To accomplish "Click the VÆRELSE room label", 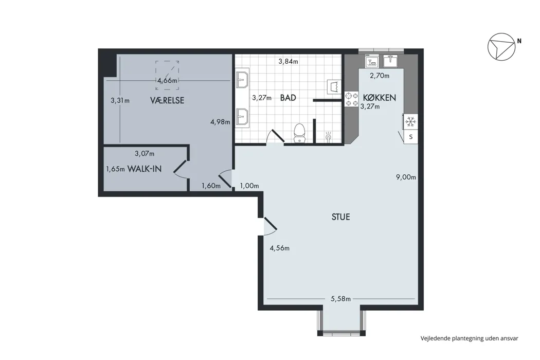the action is [x=167, y=100].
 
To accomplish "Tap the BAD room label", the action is [x=288, y=98].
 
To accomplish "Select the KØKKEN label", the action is [x=379, y=98].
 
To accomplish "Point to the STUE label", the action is [x=340, y=217].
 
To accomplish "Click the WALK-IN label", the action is [x=145, y=169].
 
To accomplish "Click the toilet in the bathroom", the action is [x=300, y=133].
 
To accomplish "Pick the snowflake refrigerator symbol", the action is [x=410, y=121].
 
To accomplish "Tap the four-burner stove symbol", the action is [x=352, y=99].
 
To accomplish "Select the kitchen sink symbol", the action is [x=390, y=61].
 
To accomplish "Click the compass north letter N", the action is [x=519, y=41].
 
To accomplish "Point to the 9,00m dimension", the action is [x=406, y=177].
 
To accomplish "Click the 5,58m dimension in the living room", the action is [x=340, y=299].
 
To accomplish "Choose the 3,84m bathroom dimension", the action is [x=288, y=62].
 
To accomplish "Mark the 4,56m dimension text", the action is [x=279, y=248].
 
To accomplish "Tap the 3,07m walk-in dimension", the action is [x=145, y=153].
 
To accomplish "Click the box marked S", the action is [x=410, y=137].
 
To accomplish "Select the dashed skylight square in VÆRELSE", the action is [x=167, y=75].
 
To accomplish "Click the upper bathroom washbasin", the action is [x=242, y=80].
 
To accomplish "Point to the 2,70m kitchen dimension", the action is [x=380, y=76].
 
